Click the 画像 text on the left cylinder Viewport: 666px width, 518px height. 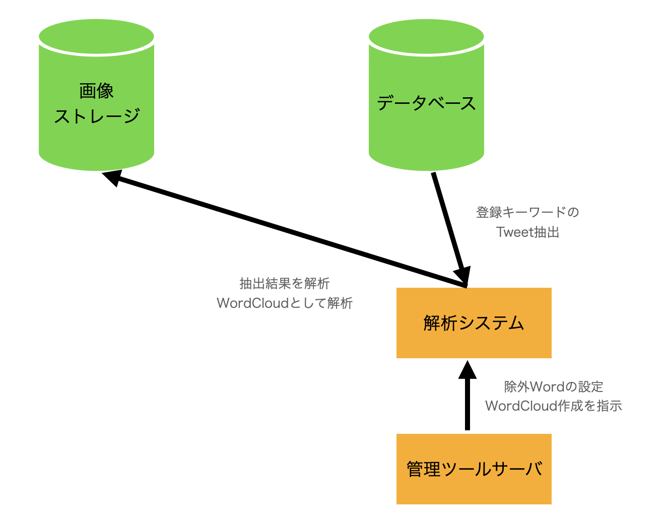coord(96,91)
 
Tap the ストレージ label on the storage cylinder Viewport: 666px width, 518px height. coord(97,116)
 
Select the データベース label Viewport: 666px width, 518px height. coord(426,103)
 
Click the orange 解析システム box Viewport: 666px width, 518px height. coord(474,323)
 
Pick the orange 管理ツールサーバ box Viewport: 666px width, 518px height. coord(474,469)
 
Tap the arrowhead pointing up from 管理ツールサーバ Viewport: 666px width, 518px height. coord(468,370)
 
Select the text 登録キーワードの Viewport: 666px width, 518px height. coord(527,213)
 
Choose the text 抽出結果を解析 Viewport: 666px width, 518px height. coord(285,283)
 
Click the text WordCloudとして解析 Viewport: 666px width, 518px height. coord(285,303)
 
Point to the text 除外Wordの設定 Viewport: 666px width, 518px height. coord(554,386)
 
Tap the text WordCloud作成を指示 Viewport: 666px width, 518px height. coord(554,406)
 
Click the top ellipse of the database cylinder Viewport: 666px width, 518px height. coord(426,36)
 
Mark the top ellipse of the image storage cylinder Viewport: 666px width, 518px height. coord(96,36)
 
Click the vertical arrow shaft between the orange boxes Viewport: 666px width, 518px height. coord(468,405)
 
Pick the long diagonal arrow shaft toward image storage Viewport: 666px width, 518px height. coord(291,233)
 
